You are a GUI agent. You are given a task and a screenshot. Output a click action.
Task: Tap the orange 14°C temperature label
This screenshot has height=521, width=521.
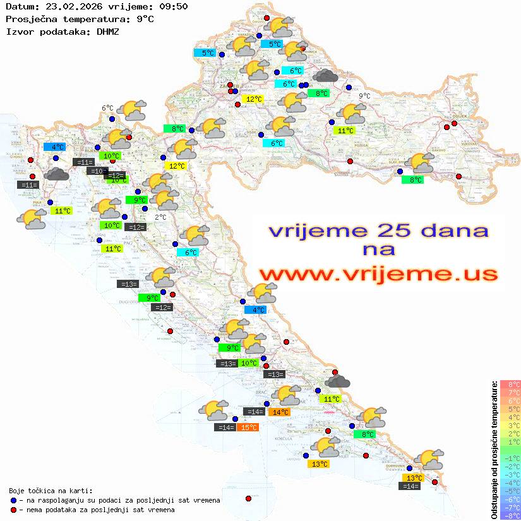(x=279, y=412)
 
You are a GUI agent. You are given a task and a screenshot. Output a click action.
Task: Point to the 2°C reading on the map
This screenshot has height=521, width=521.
(x=160, y=217)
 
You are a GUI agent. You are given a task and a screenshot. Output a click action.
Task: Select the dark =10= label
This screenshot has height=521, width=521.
(x=97, y=171)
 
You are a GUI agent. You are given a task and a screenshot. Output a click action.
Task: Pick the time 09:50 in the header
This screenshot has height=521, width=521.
(x=174, y=7)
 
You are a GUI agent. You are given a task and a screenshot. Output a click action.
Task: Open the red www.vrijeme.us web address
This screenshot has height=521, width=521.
(x=378, y=274)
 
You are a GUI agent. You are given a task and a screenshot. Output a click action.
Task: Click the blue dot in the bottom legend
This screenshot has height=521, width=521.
(x=13, y=500)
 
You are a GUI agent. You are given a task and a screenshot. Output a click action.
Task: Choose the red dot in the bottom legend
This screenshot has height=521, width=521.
(x=13, y=510)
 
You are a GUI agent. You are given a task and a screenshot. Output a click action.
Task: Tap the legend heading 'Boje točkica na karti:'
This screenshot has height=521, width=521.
(x=51, y=491)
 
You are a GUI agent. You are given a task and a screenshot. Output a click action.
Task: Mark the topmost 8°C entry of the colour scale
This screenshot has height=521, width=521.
(x=510, y=384)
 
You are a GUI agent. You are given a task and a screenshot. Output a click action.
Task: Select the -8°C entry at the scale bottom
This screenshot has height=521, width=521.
(x=510, y=516)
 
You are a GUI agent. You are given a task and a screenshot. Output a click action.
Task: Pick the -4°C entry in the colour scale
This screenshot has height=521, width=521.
(x=510, y=483)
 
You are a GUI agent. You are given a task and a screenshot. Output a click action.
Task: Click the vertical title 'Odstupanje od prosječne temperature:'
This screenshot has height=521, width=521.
(x=494, y=450)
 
